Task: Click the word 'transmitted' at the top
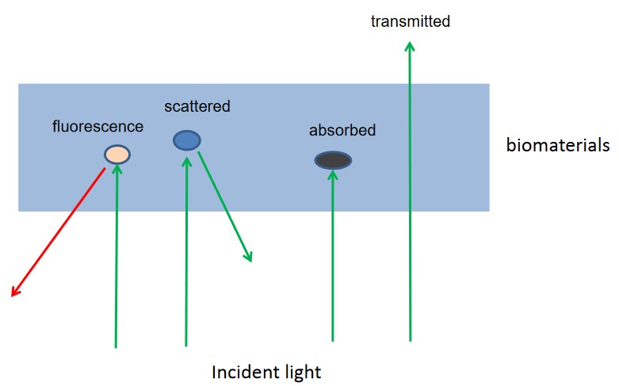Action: tap(410, 21)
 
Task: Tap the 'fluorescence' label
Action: tap(97, 126)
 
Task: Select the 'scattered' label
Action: tap(197, 105)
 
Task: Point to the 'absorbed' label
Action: tap(342, 130)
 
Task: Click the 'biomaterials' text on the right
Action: tap(558, 145)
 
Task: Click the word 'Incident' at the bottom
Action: tap(242, 372)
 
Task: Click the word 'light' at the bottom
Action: tap(302, 372)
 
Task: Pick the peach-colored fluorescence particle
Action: tap(117, 154)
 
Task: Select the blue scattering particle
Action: tap(187, 140)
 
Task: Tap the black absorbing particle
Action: tap(333, 161)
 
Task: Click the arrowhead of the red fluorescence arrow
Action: tap(13, 293)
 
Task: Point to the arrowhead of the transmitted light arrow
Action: tap(409, 45)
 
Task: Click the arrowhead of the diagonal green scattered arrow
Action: tap(249, 257)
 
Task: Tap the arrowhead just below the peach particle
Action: tap(117, 168)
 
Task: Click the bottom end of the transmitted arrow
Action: tap(410, 340)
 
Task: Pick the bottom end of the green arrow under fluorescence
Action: tap(116, 346)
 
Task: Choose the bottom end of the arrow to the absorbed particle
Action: tap(333, 340)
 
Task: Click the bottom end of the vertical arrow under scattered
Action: tap(186, 345)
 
